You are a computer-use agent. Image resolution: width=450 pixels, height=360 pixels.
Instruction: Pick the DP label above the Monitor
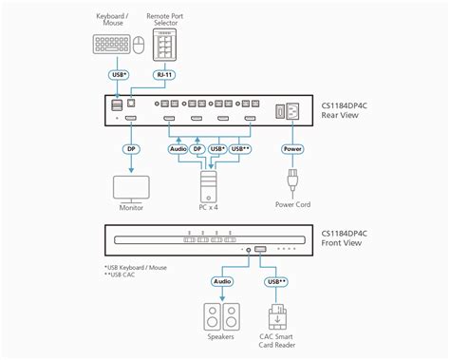(x=131, y=148)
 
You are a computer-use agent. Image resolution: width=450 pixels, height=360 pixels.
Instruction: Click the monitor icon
(x=131, y=186)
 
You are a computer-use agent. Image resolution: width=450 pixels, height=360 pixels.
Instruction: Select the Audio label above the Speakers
(x=221, y=280)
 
